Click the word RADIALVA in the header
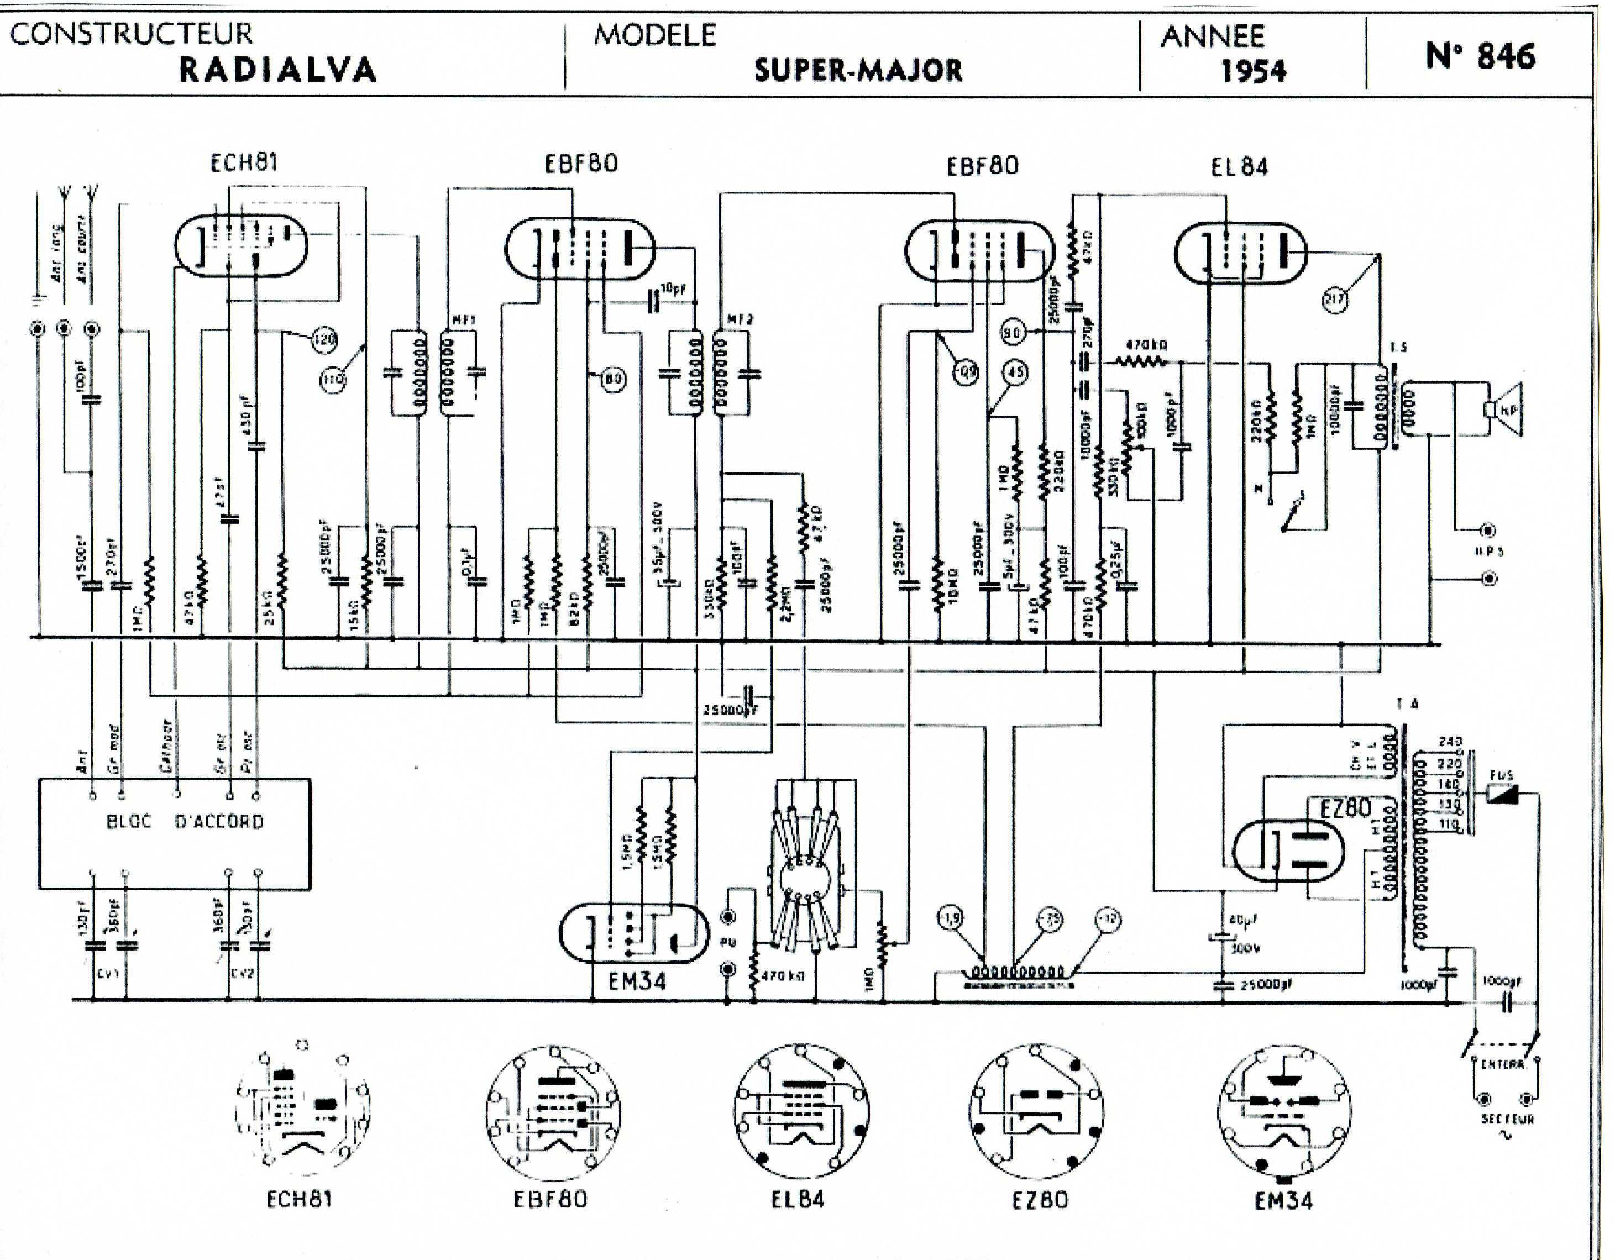(x=278, y=70)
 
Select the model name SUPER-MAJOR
(x=858, y=70)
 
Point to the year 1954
(x=1254, y=71)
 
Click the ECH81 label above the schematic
(x=244, y=162)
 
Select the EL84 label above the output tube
(x=1239, y=167)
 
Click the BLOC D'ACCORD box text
(x=185, y=822)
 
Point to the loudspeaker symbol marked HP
(x=1505, y=411)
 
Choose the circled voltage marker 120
(x=324, y=339)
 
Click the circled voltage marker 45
(x=1016, y=372)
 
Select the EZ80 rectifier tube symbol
(x=1291, y=851)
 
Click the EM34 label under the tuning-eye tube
(x=637, y=981)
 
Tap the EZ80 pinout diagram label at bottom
(x=1040, y=1199)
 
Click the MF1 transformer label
(x=464, y=320)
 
